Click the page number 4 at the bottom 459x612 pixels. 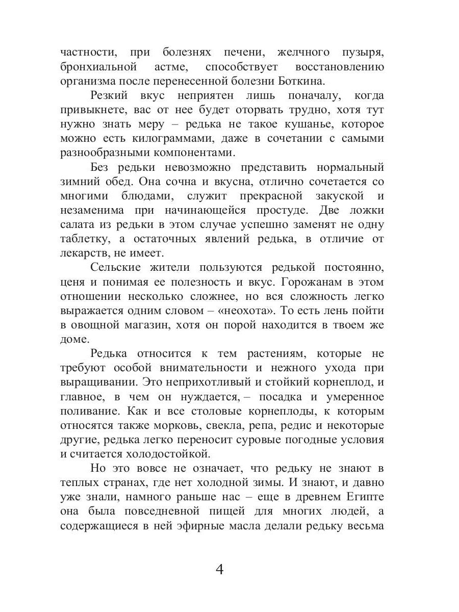pyautogui.click(x=220, y=569)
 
